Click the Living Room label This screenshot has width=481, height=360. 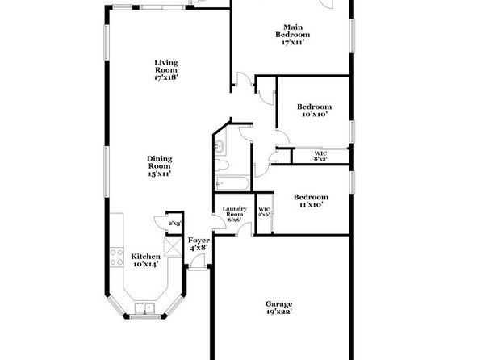coord(166,66)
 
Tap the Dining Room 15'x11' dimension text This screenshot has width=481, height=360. coord(159,174)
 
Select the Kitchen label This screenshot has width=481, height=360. coord(146,257)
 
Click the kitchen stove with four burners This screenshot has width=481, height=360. coord(117,257)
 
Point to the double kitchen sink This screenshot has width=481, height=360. coord(144,308)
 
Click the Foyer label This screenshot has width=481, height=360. coord(199,241)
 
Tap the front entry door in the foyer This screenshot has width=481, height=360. coord(198,262)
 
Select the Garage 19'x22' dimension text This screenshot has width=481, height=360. coord(278,312)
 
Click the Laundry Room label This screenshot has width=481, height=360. coord(234,211)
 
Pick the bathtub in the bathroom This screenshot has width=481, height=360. coord(232,183)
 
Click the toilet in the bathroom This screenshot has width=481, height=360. coord(221,165)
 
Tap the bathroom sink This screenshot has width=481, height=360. coord(220,146)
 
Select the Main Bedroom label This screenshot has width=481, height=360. coord(293,31)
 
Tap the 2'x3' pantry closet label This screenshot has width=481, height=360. coord(175,224)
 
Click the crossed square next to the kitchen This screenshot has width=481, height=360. coord(173,246)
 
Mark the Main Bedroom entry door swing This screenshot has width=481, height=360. coord(245,79)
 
